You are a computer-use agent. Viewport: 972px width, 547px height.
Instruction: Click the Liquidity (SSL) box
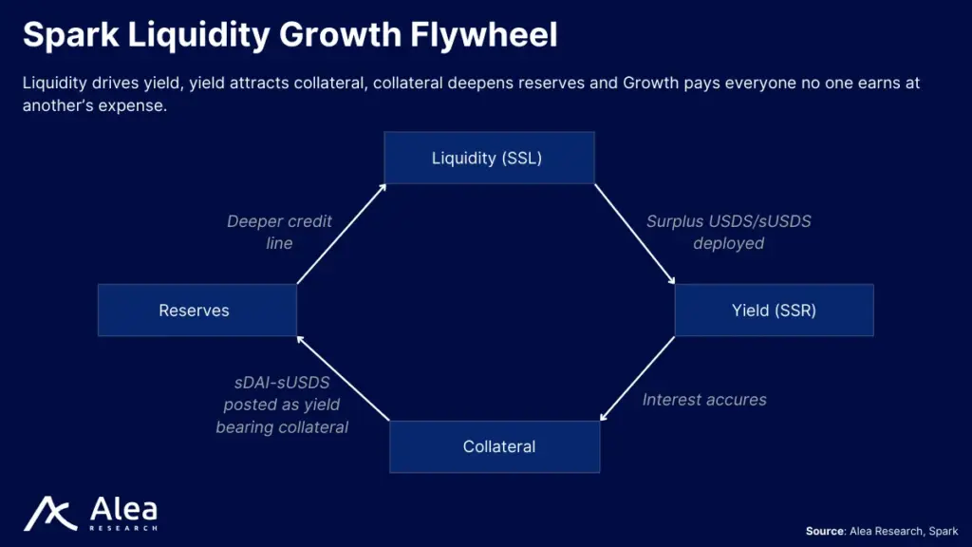pyautogui.click(x=489, y=158)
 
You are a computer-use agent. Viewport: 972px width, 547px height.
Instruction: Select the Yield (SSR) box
pyautogui.click(x=775, y=311)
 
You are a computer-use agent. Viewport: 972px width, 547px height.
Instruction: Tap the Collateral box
pyautogui.click(x=495, y=446)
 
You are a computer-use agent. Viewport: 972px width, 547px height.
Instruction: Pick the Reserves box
pyautogui.click(x=197, y=311)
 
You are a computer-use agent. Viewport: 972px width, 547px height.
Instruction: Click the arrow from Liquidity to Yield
pyautogui.click(x=635, y=234)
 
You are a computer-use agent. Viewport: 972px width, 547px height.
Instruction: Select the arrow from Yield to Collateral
pyautogui.click(x=637, y=378)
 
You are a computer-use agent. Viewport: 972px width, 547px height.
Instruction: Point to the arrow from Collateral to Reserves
pyautogui.click(x=343, y=378)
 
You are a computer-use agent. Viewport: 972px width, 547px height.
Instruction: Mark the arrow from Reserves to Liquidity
pyautogui.click(x=342, y=234)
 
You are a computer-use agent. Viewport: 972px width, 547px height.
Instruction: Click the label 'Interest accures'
pyautogui.click(x=704, y=400)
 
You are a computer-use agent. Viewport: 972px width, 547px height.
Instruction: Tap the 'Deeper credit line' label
pyautogui.click(x=279, y=232)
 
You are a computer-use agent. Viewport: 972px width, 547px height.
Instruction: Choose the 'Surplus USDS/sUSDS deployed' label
pyautogui.click(x=728, y=232)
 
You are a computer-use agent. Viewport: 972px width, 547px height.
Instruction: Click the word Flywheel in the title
pyautogui.click(x=483, y=34)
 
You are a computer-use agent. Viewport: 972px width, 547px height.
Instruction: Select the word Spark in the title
pyautogui.click(x=70, y=35)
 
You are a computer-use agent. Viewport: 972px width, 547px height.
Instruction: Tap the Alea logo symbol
pyautogui.click(x=50, y=514)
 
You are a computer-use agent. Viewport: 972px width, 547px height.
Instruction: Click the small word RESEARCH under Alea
pyautogui.click(x=123, y=528)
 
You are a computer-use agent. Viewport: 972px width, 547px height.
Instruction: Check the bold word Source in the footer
pyautogui.click(x=825, y=531)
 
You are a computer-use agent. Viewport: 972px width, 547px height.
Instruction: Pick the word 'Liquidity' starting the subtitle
pyautogui.click(x=54, y=84)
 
